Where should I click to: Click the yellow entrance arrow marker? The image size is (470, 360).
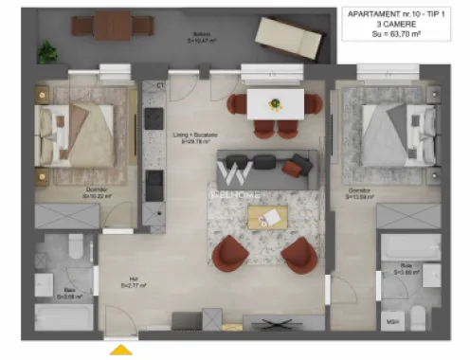pos(121,350)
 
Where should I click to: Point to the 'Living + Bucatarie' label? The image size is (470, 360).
pos(190,138)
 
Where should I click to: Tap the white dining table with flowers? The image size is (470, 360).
pos(274,105)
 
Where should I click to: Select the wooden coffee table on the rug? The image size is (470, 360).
pos(266,217)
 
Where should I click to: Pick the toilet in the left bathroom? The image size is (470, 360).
pos(74,251)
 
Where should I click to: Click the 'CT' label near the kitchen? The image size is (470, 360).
pos(161,85)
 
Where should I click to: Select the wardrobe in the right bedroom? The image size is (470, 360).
pos(407,215)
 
